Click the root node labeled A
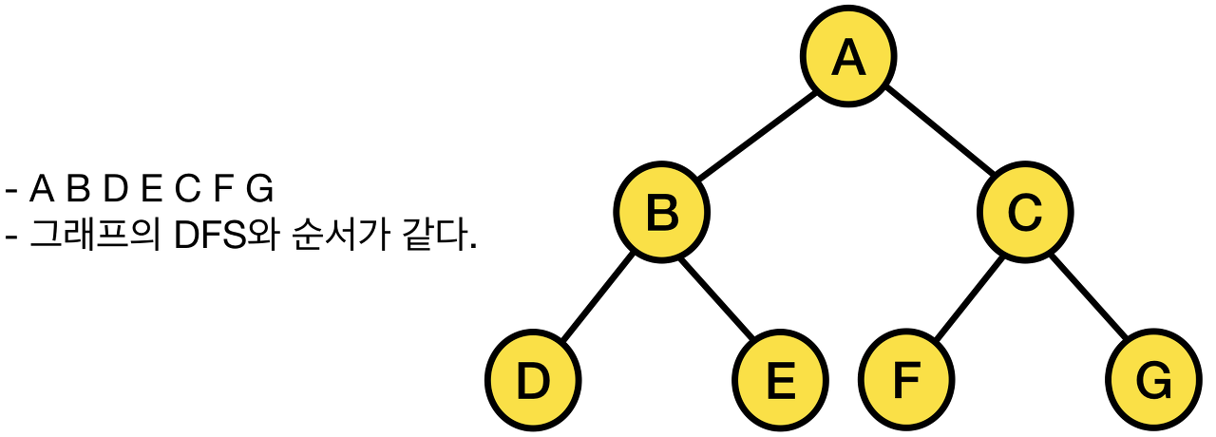click(847, 58)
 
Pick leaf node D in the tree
click(533, 381)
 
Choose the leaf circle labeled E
click(779, 381)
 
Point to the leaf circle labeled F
click(907, 381)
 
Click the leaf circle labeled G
click(1153, 381)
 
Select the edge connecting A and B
click(754, 135)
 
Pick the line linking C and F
click(965, 296)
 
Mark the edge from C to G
click(1089, 296)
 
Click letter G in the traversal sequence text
click(259, 190)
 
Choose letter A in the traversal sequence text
click(42, 190)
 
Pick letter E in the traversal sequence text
click(150, 190)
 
